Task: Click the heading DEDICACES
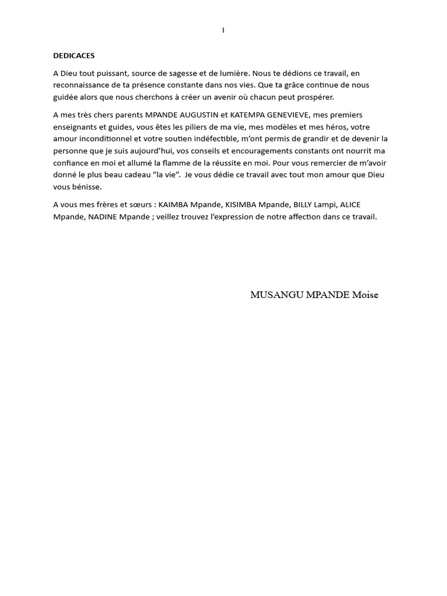[x=74, y=56]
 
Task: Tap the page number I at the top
[x=223, y=30]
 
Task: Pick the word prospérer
[x=315, y=97]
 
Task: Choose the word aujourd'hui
[x=152, y=151]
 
